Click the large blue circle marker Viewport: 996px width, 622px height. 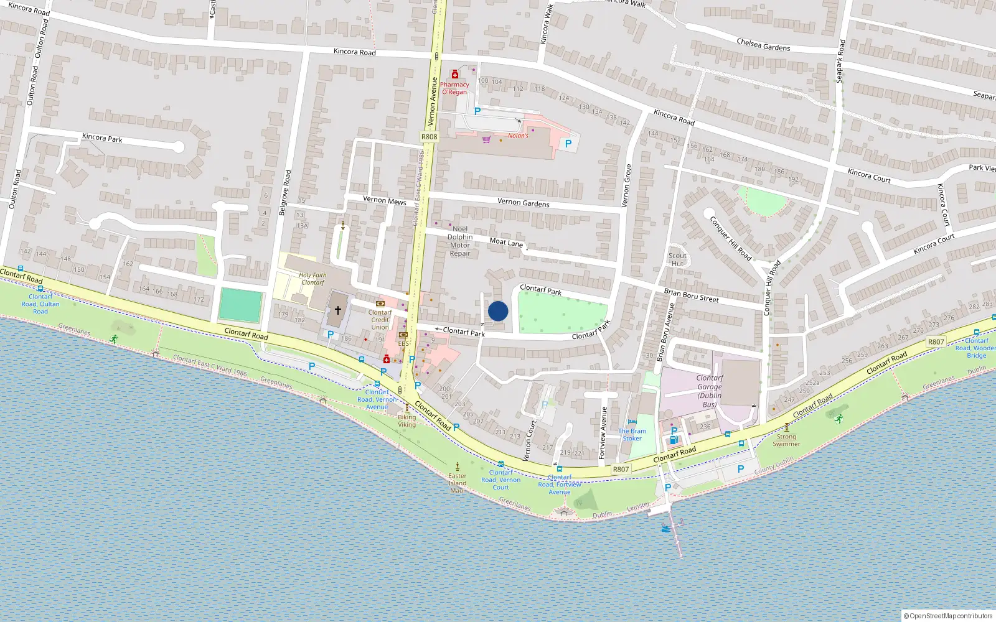(x=498, y=311)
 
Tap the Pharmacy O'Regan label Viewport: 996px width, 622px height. (x=454, y=88)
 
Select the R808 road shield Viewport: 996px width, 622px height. (x=429, y=137)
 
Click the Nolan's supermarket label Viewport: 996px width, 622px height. (x=518, y=136)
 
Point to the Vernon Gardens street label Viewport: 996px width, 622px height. (x=523, y=203)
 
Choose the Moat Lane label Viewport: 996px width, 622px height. (x=506, y=242)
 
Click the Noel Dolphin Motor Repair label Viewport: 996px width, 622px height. (x=460, y=241)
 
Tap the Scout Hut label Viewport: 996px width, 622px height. (x=677, y=259)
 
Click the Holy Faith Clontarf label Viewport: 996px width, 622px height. (x=312, y=279)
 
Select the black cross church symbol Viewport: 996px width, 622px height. (x=338, y=310)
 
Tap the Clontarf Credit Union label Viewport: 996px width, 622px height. (x=380, y=320)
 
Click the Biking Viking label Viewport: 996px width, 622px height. (x=406, y=421)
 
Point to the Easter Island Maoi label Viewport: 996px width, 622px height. (x=458, y=483)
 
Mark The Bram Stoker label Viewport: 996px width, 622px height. (x=632, y=435)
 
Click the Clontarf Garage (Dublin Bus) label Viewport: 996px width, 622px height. (x=710, y=391)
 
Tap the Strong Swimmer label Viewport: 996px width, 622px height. (x=786, y=440)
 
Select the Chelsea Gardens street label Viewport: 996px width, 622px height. (x=763, y=45)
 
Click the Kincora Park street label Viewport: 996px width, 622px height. (x=102, y=137)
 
